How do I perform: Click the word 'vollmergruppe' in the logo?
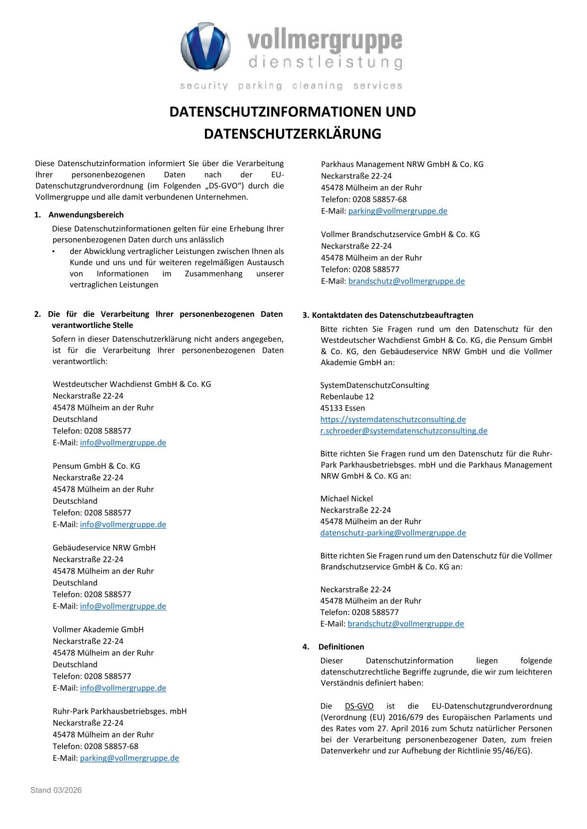click(325, 41)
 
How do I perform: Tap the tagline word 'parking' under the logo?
click(260, 86)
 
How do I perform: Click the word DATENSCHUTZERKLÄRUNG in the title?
click(293, 134)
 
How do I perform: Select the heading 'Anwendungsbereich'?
click(86, 215)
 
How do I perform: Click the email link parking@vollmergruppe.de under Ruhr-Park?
click(129, 758)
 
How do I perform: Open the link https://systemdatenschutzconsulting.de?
click(393, 419)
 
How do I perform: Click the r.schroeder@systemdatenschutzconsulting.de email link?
click(403, 431)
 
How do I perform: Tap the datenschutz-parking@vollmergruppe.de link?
click(393, 533)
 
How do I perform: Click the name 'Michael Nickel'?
click(347, 498)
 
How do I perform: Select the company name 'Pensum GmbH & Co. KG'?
click(96, 466)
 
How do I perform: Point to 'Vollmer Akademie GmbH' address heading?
click(98, 629)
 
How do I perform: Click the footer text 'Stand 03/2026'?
click(56, 790)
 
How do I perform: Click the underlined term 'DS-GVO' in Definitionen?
click(359, 706)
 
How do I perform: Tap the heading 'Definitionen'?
click(341, 646)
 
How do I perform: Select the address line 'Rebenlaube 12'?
click(347, 396)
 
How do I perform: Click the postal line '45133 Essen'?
click(342, 408)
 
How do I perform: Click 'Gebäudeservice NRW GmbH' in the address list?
click(104, 548)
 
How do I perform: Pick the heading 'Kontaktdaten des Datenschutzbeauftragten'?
click(392, 315)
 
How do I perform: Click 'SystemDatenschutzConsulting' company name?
click(374, 385)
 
